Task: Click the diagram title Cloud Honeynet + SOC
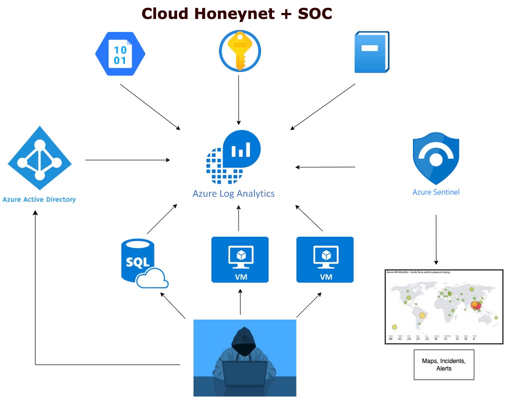pyautogui.click(x=237, y=13)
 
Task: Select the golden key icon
pyautogui.click(x=239, y=51)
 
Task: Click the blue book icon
pyautogui.click(x=371, y=52)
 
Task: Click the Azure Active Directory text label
pyautogui.click(x=39, y=199)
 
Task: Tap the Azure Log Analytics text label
pyautogui.click(x=233, y=193)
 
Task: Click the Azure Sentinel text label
pyautogui.click(x=435, y=191)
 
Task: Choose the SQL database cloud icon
pyautogui.click(x=142, y=264)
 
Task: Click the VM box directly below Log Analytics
pyautogui.click(x=240, y=260)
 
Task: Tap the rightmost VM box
pyautogui.click(x=325, y=260)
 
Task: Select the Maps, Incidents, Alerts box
pyautogui.click(x=436, y=365)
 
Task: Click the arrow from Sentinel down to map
pyautogui.click(x=436, y=240)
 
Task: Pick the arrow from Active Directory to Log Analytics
pyautogui.click(x=127, y=160)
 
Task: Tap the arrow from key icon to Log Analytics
pyautogui.click(x=239, y=100)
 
